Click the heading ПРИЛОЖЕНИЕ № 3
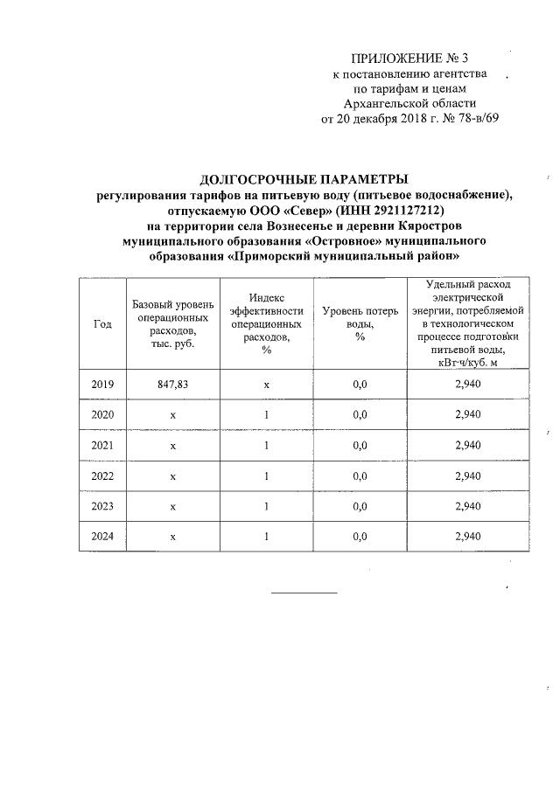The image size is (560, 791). click(x=409, y=59)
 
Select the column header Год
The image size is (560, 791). click(x=101, y=324)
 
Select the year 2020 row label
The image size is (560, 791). click(x=102, y=414)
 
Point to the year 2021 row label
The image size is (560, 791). click(x=102, y=445)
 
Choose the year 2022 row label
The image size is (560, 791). click(x=102, y=475)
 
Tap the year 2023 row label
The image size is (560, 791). click(x=102, y=506)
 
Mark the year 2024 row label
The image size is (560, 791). click(x=102, y=536)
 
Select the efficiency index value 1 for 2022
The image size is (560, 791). click(x=266, y=475)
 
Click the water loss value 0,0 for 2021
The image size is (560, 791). click(x=359, y=445)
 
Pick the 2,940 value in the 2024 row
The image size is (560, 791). click(x=468, y=536)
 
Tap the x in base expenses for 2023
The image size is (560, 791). click(x=173, y=506)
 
